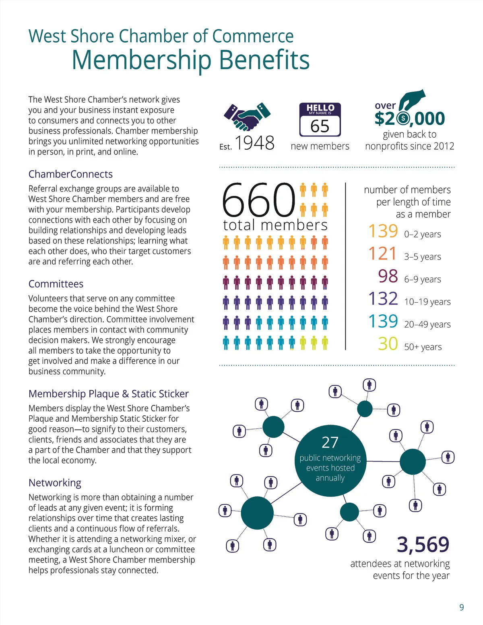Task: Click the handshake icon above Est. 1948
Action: [x=247, y=117]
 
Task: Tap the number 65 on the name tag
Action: [x=320, y=126]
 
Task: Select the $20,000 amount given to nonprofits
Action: [x=409, y=118]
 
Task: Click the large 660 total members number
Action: [x=258, y=200]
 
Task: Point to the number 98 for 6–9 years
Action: [x=388, y=276]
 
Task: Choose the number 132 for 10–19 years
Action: [x=383, y=299]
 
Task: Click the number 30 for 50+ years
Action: [x=388, y=344]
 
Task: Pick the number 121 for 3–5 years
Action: [x=383, y=254]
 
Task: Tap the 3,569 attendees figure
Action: [x=423, y=545]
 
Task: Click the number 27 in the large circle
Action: [x=330, y=442]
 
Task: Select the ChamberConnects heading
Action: [x=70, y=174]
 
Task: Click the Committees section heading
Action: [x=56, y=284]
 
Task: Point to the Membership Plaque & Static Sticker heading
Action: [x=109, y=394]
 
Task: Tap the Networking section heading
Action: [x=55, y=483]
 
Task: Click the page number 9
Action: [x=462, y=607]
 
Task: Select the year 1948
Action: [x=254, y=143]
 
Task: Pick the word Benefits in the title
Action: [x=264, y=60]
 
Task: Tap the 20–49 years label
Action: [x=427, y=324]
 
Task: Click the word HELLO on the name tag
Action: [x=320, y=107]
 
